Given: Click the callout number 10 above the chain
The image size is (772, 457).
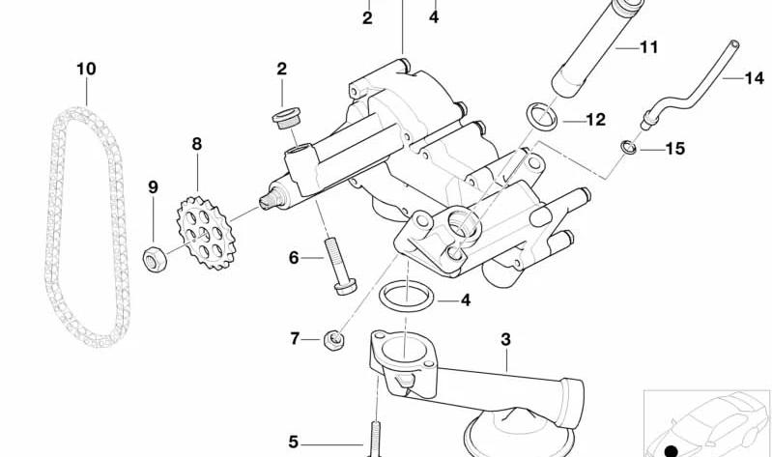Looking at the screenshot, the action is pos(86,69).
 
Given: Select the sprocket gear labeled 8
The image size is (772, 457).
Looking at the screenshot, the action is pos(207,233).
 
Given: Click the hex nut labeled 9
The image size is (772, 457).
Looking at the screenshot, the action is pos(155,259).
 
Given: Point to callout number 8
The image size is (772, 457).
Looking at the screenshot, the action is pos(197,144).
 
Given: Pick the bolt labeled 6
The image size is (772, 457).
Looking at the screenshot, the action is pos(340,266).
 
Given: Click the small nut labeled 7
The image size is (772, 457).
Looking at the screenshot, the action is pos(333,340).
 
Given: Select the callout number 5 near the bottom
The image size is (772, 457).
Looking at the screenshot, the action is pos(294,442).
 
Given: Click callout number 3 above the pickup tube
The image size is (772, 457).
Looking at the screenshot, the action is pos(505,339).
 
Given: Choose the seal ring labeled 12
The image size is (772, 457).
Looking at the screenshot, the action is pos(542,117).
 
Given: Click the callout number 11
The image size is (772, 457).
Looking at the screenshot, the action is pos(649,47).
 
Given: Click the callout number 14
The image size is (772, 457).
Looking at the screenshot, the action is pos(755,78).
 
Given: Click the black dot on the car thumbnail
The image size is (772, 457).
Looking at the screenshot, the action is pos(672,451).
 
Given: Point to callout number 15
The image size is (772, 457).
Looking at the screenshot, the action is pos(675,149).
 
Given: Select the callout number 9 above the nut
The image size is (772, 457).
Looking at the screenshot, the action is pos(153,187).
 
